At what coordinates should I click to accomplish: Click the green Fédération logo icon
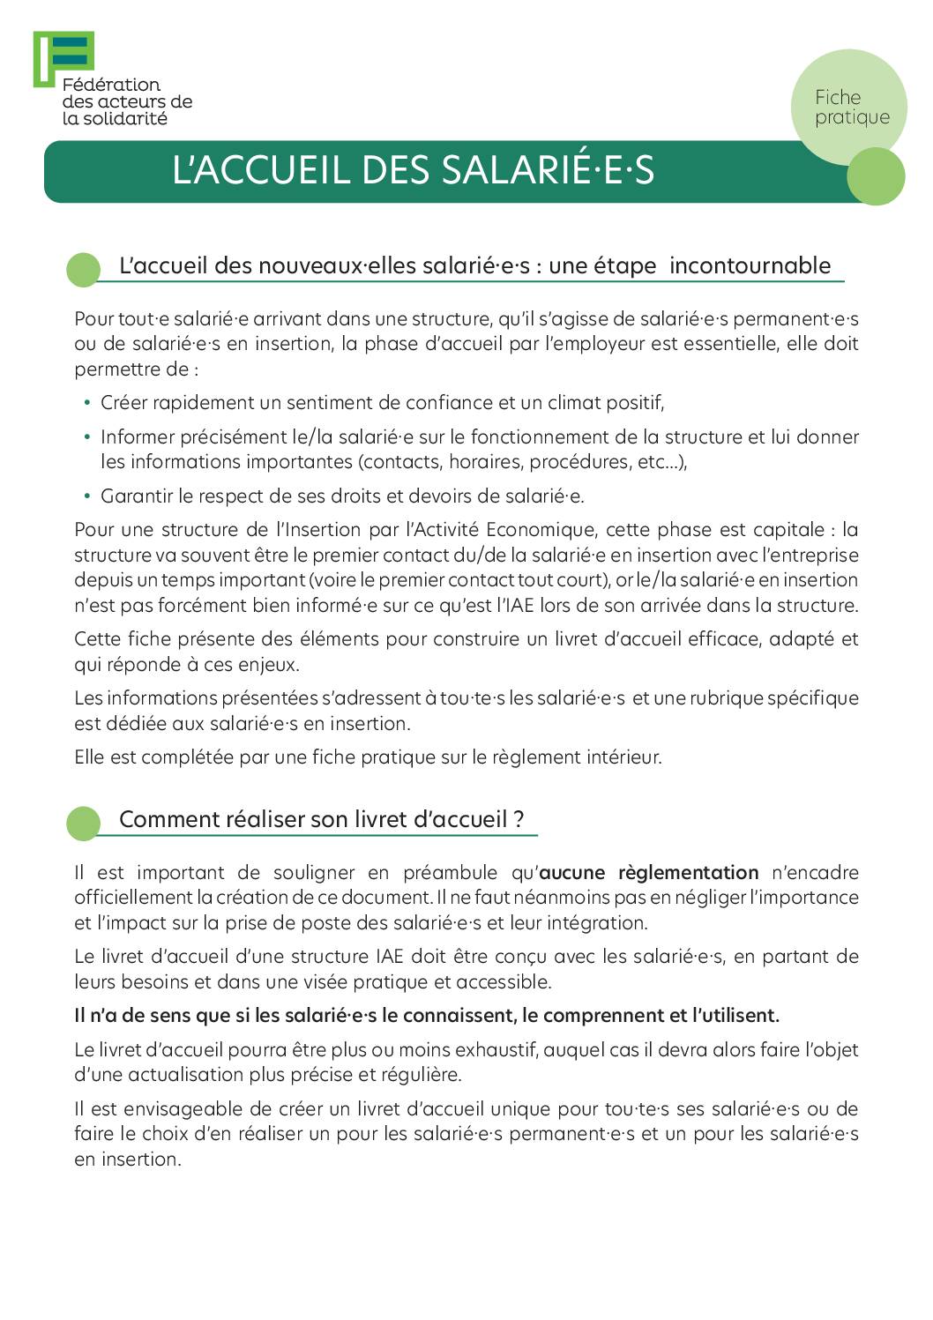click(63, 58)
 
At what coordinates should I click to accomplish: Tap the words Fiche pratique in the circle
click(851, 107)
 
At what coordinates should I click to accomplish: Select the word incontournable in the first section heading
click(750, 265)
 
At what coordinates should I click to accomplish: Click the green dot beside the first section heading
click(84, 270)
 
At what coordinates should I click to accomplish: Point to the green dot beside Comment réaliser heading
click(84, 824)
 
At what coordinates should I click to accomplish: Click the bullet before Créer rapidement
click(87, 403)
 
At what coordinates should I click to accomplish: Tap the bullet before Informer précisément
click(87, 437)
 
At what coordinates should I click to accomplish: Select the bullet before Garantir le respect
click(87, 496)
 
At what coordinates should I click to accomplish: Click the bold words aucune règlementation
click(648, 873)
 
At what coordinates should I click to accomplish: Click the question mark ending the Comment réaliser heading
click(519, 820)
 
